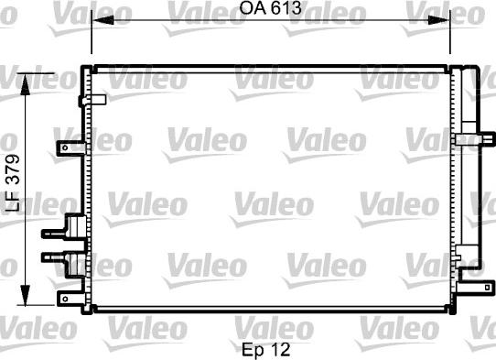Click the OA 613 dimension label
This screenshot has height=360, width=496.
tap(271, 9)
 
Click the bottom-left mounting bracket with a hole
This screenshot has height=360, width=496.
tap(69, 300)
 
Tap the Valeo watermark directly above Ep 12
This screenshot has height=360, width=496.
tap(267, 324)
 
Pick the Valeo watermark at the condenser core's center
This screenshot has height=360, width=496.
tap(267, 202)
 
